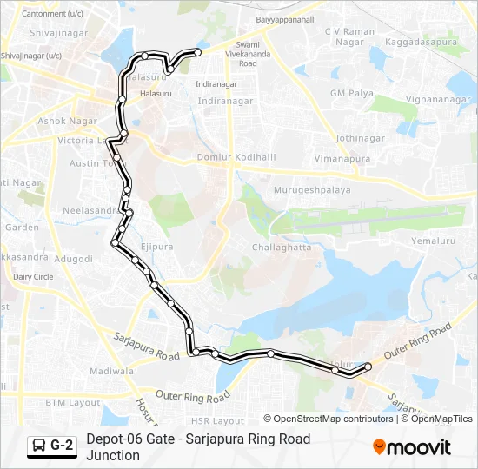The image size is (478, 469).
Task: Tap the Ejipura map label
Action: tap(157, 247)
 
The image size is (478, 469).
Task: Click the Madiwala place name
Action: tap(111, 371)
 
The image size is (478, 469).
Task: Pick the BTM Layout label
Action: tap(73, 403)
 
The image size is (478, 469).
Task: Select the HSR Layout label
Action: tap(221, 420)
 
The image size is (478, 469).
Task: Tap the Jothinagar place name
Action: tap(360, 137)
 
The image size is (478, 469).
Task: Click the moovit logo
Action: tap(412, 447)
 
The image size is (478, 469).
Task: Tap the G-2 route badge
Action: tap(52, 446)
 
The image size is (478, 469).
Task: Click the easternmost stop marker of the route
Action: tap(368, 367)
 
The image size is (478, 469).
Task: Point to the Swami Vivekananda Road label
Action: tap(248, 54)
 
